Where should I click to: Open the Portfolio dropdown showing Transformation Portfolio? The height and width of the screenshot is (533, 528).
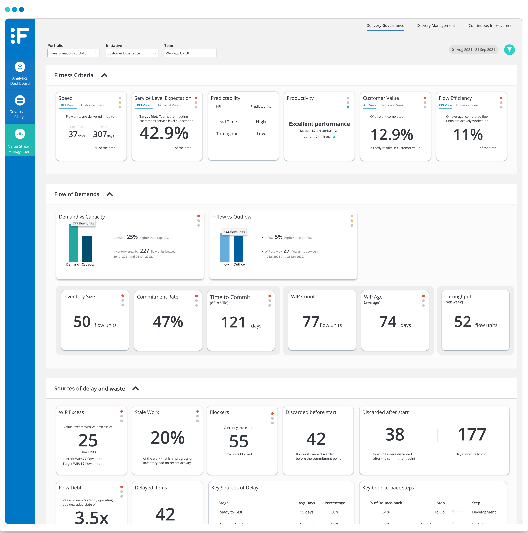pyautogui.click(x=73, y=53)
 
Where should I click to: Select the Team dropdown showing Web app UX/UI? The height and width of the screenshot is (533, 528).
pyautogui.click(x=190, y=53)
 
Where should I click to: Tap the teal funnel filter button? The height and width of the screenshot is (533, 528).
pyautogui.click(x=509, y=50)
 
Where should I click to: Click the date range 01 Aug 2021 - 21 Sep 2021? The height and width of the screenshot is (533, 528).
pyautogui.click(x=473, y=50)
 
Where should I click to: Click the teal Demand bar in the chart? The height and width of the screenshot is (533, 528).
pyautogui.click(x=73, y=243)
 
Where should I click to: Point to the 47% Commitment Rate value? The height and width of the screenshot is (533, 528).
pyautogui.click(x=168, y=322)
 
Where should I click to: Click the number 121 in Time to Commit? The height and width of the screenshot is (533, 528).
pyautogui.click(x=233, y=322)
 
